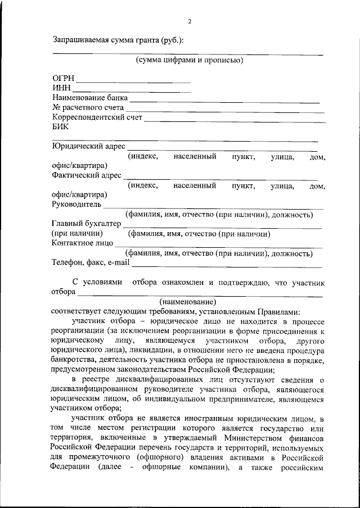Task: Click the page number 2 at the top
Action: pyautogui.click(x=190, y=22)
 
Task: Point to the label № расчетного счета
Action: pyautogui.click(x=87, y=107)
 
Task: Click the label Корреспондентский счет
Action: pyautogui.click(x=97, y=117)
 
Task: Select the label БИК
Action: pyautogui.click(x=60, y=127)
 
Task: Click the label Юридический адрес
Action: pyautogui.click(x=88, y=147)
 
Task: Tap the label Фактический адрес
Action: pyautogui.click(x=87, y=175)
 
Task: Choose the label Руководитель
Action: pyautogui.click(x=76, y=204)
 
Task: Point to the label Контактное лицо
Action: pyautogui.click(x=82, y=243)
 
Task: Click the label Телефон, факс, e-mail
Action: pyautogui.click(x=91, y=262)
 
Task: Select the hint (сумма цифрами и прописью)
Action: pyautogui.click(x=189, y=60)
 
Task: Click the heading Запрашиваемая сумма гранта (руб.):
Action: pyautogui.click(x=118, y=40)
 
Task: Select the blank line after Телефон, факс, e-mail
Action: pyautogui.click(x=227, y=266)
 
